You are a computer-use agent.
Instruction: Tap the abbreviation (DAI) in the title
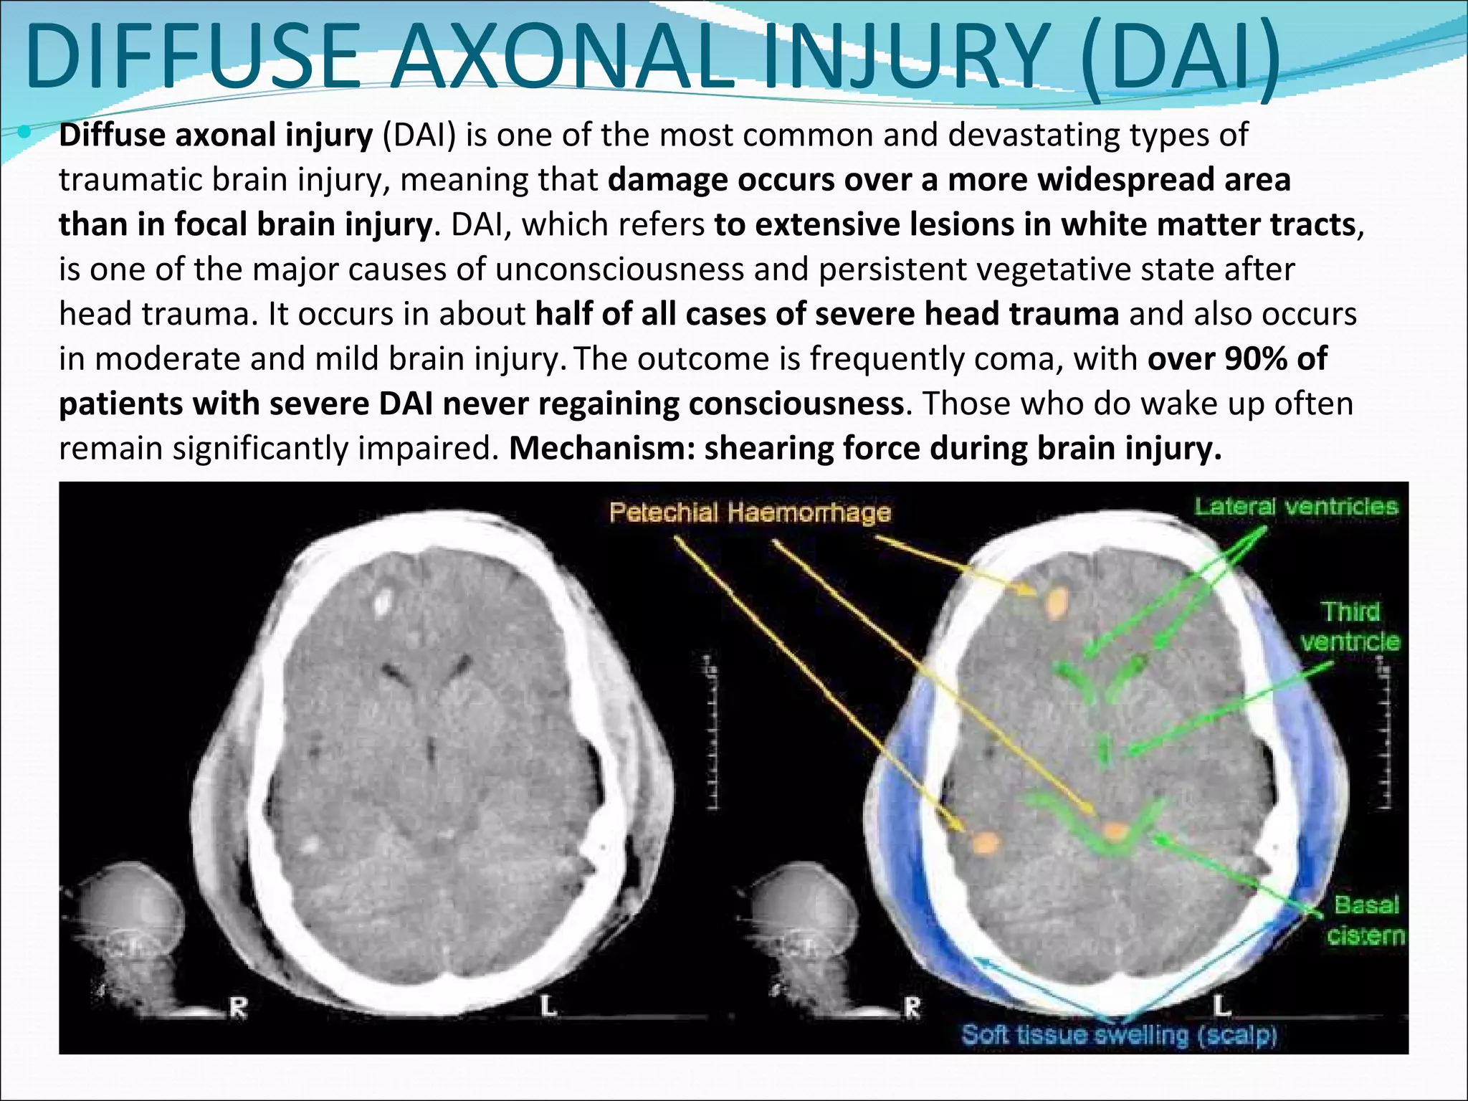pos(1180,61)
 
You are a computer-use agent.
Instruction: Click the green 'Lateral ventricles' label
pos(1296,507)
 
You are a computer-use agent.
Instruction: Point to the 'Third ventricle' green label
pos(1350,626)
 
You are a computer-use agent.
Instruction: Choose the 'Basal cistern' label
pos(1365,920)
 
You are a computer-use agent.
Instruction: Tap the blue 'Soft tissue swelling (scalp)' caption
pos(1119,1035)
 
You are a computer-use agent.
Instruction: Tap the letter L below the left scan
pos(548,1006)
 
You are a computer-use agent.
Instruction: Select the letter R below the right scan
pos(912,1008)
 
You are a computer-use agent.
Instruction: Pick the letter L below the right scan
pos(1221,1006)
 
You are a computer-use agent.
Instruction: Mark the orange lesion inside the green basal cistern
pos(1115,831)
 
